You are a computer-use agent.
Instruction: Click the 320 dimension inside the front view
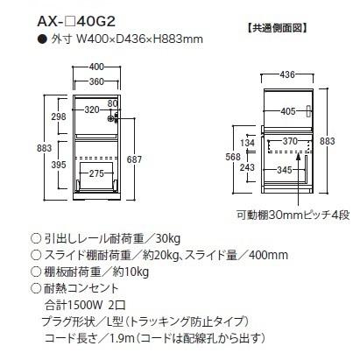click(x=91, y=111)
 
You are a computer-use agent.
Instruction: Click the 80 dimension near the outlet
click(x=112, y=104)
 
